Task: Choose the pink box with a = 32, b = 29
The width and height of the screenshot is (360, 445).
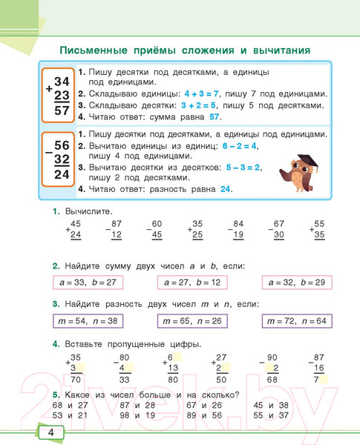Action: click(x=296, y=283)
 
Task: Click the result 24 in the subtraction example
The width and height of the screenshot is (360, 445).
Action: click(x=62, y=174)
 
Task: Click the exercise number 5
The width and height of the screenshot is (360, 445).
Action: click(x=56, y=394)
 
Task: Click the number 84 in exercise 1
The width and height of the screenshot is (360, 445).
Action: click(x=238, y=224)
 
